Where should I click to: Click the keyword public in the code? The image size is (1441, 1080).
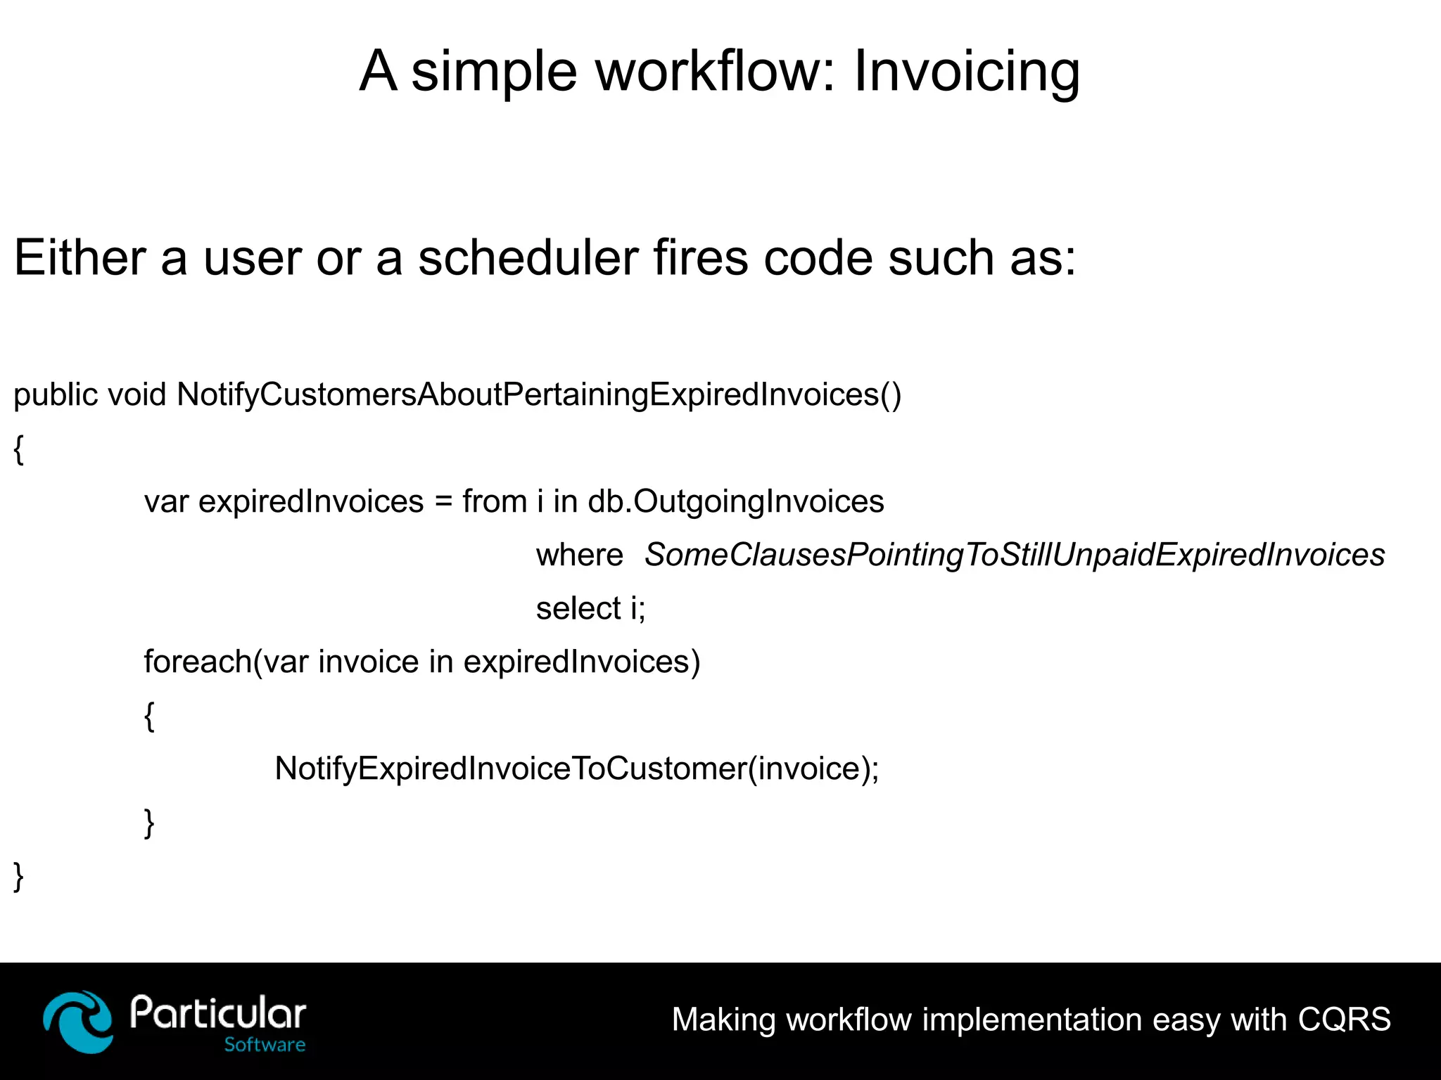click(56, 395)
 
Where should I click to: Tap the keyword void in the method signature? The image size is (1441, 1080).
click(137, 394)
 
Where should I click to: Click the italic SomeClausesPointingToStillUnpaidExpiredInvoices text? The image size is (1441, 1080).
click(1014, 555)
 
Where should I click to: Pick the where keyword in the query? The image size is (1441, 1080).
click(579, 555)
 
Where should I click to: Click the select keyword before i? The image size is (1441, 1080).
click(578, 609)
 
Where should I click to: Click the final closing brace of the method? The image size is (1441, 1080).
click(19, 877)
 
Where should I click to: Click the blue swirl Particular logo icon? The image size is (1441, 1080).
click(77, 1021)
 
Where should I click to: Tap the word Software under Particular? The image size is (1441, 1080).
click(265, 1045)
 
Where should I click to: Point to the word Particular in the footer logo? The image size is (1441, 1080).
click(218, 1014)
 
